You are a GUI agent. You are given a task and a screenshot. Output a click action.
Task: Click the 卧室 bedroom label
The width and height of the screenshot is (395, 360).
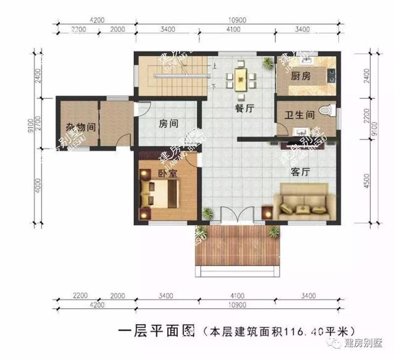click(x=167, y=174)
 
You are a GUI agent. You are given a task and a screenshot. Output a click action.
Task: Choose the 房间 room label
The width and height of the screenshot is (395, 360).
click(x=168, y=123)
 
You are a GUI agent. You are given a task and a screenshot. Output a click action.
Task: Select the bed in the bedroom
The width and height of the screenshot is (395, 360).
click(x=160, y=196)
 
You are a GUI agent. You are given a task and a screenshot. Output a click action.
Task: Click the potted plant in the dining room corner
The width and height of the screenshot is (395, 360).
click(x=267, y=62)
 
